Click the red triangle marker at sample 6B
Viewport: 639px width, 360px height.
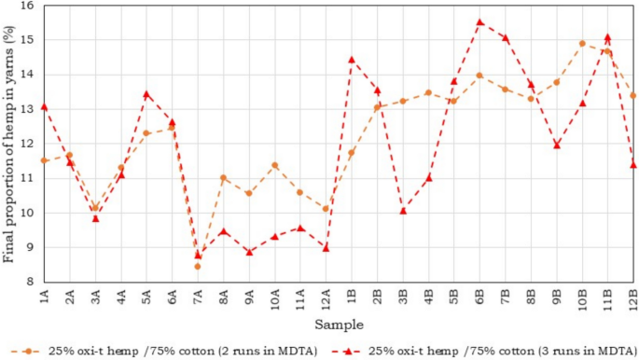[479, 22]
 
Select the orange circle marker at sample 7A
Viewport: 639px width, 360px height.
[198, 267]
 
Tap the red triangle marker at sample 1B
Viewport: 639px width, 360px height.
[352, 60]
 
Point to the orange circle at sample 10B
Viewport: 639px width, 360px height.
[582, 43]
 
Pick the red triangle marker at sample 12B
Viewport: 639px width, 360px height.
[633, 165]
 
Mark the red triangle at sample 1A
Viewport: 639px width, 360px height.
[44, 106]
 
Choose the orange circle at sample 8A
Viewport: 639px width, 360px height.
[223, 177]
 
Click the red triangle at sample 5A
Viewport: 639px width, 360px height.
[146, 94]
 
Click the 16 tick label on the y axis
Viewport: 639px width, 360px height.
[25, 7]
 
